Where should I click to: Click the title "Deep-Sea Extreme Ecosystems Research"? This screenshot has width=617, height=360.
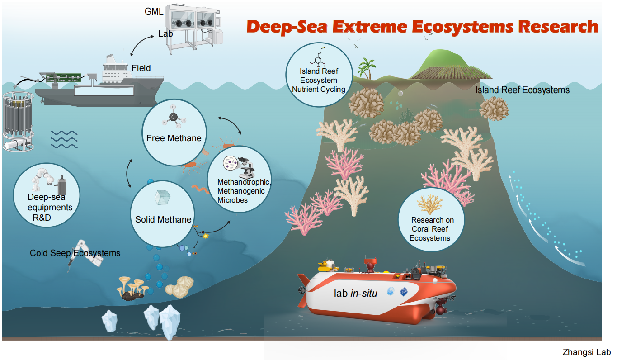(x=422, y=27)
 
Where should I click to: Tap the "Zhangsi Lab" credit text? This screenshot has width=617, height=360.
(x=587, y=352)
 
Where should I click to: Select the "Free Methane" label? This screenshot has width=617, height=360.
(x=174, y=138)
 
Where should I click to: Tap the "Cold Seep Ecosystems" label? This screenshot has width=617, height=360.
(x=75, y=253)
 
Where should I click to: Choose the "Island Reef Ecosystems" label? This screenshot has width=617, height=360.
(x=522, y=90)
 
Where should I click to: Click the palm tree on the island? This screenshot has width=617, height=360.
(x=365, y=68)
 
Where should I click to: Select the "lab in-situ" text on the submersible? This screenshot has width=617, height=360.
(x=355, y=293)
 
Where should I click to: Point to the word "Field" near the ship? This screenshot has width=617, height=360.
(x=141, y=68)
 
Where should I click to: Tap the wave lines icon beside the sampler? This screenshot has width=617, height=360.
(x=63, y=139)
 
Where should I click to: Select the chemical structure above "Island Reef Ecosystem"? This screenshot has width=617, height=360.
(x=318, y=57)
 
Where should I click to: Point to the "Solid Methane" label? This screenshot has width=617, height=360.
(x=163, y=220)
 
